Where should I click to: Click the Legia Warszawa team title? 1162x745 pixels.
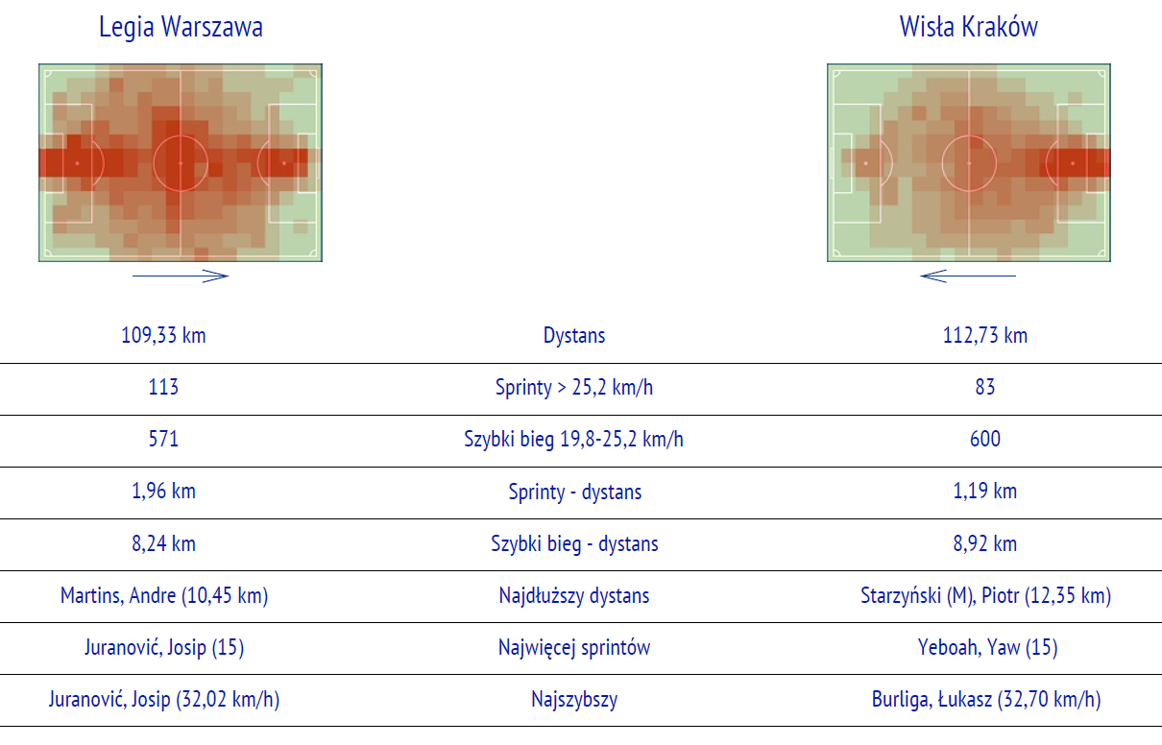point(181,27)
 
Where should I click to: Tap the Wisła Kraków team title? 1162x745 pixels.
point(969,27)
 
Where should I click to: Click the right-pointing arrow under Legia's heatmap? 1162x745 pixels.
point(181,276)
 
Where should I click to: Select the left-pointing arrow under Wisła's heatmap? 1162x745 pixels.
point(968,276)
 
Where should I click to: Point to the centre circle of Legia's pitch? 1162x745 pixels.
point(181,136)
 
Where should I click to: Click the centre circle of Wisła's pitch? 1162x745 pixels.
point(969,136)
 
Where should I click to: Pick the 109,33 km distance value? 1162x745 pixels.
point(163,335)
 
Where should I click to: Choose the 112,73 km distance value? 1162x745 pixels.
point(984,335)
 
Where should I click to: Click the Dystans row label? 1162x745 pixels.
point(574,335)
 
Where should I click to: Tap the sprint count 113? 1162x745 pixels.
point(163,387)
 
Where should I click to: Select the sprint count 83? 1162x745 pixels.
point(984,387)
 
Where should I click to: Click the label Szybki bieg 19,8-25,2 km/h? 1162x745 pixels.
point(573,439)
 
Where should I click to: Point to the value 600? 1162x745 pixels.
point(984,439)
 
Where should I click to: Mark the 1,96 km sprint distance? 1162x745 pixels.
point(163,491)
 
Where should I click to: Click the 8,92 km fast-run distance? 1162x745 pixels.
point(984,543)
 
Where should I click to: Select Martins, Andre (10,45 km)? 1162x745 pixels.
point(164,595)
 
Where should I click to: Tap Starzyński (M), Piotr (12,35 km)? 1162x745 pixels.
point(985,595)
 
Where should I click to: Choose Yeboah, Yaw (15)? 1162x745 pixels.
point(987,647)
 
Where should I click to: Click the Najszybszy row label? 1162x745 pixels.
point(574,699)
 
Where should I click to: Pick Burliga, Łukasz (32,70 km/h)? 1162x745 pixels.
point(985,699)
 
